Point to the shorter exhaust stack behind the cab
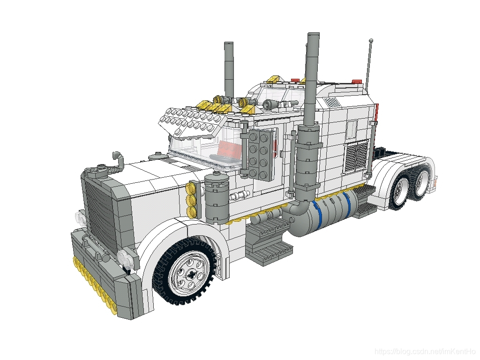point(229,69)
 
